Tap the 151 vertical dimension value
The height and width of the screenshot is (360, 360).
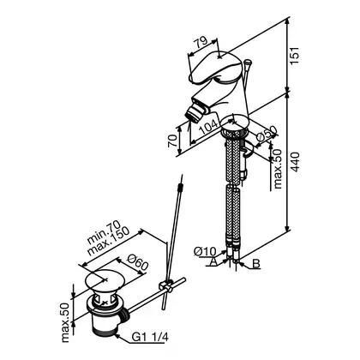[x=295, y=56]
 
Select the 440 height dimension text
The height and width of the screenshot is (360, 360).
[x=295, y=162]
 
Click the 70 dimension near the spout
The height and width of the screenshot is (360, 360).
[x=172, y=141]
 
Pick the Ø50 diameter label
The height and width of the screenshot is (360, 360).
[x=267, y=134]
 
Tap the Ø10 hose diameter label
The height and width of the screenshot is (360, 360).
[x=205, y=251]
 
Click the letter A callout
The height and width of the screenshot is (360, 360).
[x=212, y=261]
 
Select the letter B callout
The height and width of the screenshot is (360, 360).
[x=256, y=263]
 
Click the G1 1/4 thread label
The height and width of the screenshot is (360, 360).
[x=150, y=338]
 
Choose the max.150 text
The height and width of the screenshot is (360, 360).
[x=109, y=241]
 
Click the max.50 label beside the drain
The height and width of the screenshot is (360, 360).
[x=65, y=322]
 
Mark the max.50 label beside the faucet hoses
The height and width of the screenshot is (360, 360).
[x=278, y=169]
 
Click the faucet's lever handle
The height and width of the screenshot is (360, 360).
[x=213, y=68]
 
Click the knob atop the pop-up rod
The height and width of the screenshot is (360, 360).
[x=248, y=62]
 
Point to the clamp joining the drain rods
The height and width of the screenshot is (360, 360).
[x=166, y=285]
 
